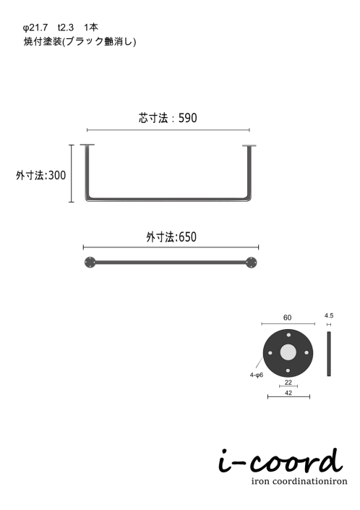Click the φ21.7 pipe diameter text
tap(35, 27)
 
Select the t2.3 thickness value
tap(66, 27)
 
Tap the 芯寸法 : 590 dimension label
tap(168, 118)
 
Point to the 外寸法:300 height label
tap(41, 175)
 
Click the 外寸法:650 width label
tap(171, 237)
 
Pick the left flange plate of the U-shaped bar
tap(87, 145)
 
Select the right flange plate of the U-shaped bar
tap(249, 145)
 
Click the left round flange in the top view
tap(90, 262)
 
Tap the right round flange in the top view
tap(251, 262)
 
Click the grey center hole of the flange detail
tap(288, 352)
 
